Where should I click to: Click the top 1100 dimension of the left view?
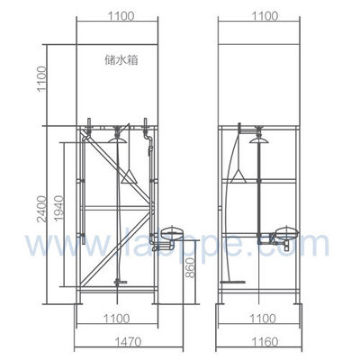(118, 15)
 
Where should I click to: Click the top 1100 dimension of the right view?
(261, 15)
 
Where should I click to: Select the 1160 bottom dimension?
(261, 343)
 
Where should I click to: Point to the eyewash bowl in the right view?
(286, 236)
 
